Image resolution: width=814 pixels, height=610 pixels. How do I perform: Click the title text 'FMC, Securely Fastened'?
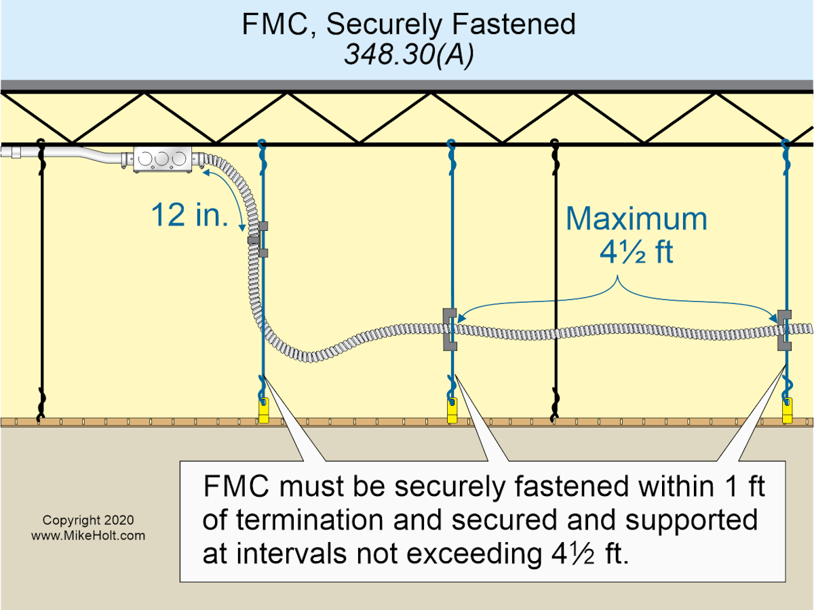(x=408, y=24)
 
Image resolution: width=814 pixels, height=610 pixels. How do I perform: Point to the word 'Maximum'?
(x=636, y=219)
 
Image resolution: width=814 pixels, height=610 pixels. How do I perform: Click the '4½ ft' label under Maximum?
(x=636, y=252)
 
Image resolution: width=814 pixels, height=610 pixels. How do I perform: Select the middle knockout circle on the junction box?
(x=162, y=159)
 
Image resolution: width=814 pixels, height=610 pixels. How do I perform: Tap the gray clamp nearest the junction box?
(x=260, y=238)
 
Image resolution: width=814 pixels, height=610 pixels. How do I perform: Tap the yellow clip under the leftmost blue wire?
(x=264, y=411)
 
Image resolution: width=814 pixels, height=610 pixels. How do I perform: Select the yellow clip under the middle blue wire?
(x=451, y=411)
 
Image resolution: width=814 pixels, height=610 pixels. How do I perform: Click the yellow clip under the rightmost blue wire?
(x=787, y=411)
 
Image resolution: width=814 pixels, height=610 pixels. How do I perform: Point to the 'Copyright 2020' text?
(x=88, y=520)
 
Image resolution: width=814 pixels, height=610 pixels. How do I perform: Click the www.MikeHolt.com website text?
(x=88, y=535)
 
